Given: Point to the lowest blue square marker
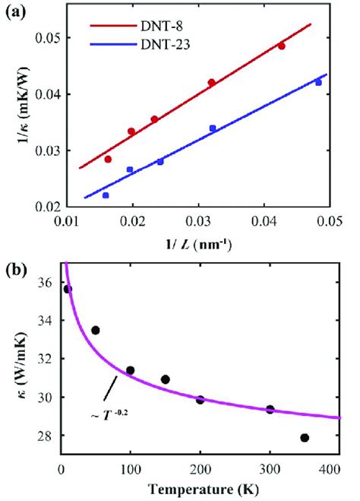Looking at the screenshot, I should [x=106, y=195].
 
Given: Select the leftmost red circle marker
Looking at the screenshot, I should [x=108, y=159].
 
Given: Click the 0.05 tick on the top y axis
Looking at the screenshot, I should [x=55, y=37].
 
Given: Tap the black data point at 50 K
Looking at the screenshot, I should [x=96, y=330].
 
